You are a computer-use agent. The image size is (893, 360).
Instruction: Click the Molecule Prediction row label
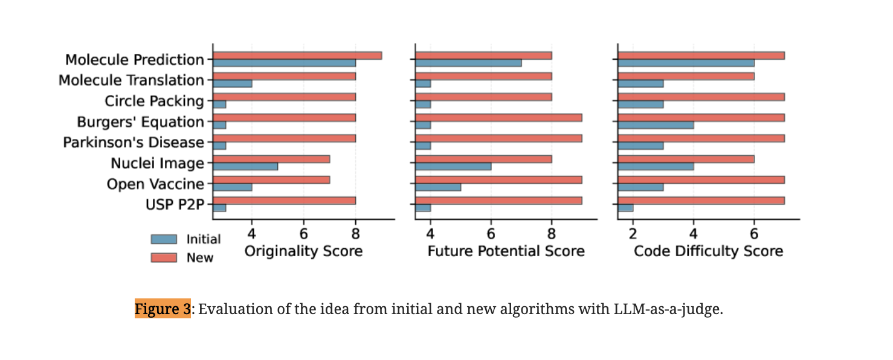click(x=135, y=60)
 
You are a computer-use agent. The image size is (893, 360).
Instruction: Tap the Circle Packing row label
click(x=154, y=101)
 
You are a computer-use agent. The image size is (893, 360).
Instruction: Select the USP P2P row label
click(x=175, y=204)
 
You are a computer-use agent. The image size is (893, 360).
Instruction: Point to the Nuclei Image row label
click(x=157, y=163)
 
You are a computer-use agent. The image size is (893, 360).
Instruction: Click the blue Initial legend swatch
click(x=164, y=239)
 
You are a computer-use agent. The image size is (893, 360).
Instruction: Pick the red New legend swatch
click(x=164, y=257)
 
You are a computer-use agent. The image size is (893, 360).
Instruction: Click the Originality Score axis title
click(x=303, y=251)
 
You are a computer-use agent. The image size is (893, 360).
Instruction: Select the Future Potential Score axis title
click(x=506, y=251)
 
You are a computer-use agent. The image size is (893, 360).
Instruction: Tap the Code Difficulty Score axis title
click(x=708, y=251)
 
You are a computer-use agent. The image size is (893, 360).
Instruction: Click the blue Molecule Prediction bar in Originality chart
click(x=284, y=63)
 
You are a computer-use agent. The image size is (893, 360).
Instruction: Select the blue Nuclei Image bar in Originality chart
click(x=245, y=166)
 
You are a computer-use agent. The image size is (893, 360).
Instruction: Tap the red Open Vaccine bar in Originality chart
click(x=271, y=179)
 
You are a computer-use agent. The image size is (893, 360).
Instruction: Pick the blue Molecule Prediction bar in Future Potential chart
click(x=468, y=63)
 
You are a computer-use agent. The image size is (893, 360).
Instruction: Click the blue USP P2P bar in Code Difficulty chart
click(x=625, y=208)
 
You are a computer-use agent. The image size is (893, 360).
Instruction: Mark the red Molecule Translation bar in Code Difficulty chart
click(x=686, y=76)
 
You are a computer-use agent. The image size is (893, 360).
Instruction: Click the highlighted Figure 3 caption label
click(x=163, y=309)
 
